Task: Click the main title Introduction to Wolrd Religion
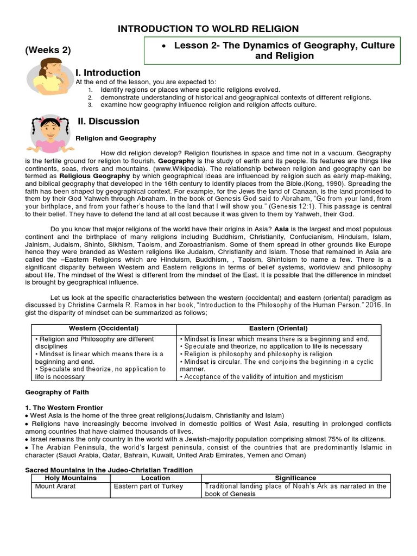208,28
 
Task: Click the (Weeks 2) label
48,50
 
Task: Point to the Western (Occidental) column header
104,328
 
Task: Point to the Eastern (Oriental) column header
278,328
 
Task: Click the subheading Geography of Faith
58,392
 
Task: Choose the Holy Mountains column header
69,478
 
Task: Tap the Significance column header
295,478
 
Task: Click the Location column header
155,478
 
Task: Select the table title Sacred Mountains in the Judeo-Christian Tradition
110,470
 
